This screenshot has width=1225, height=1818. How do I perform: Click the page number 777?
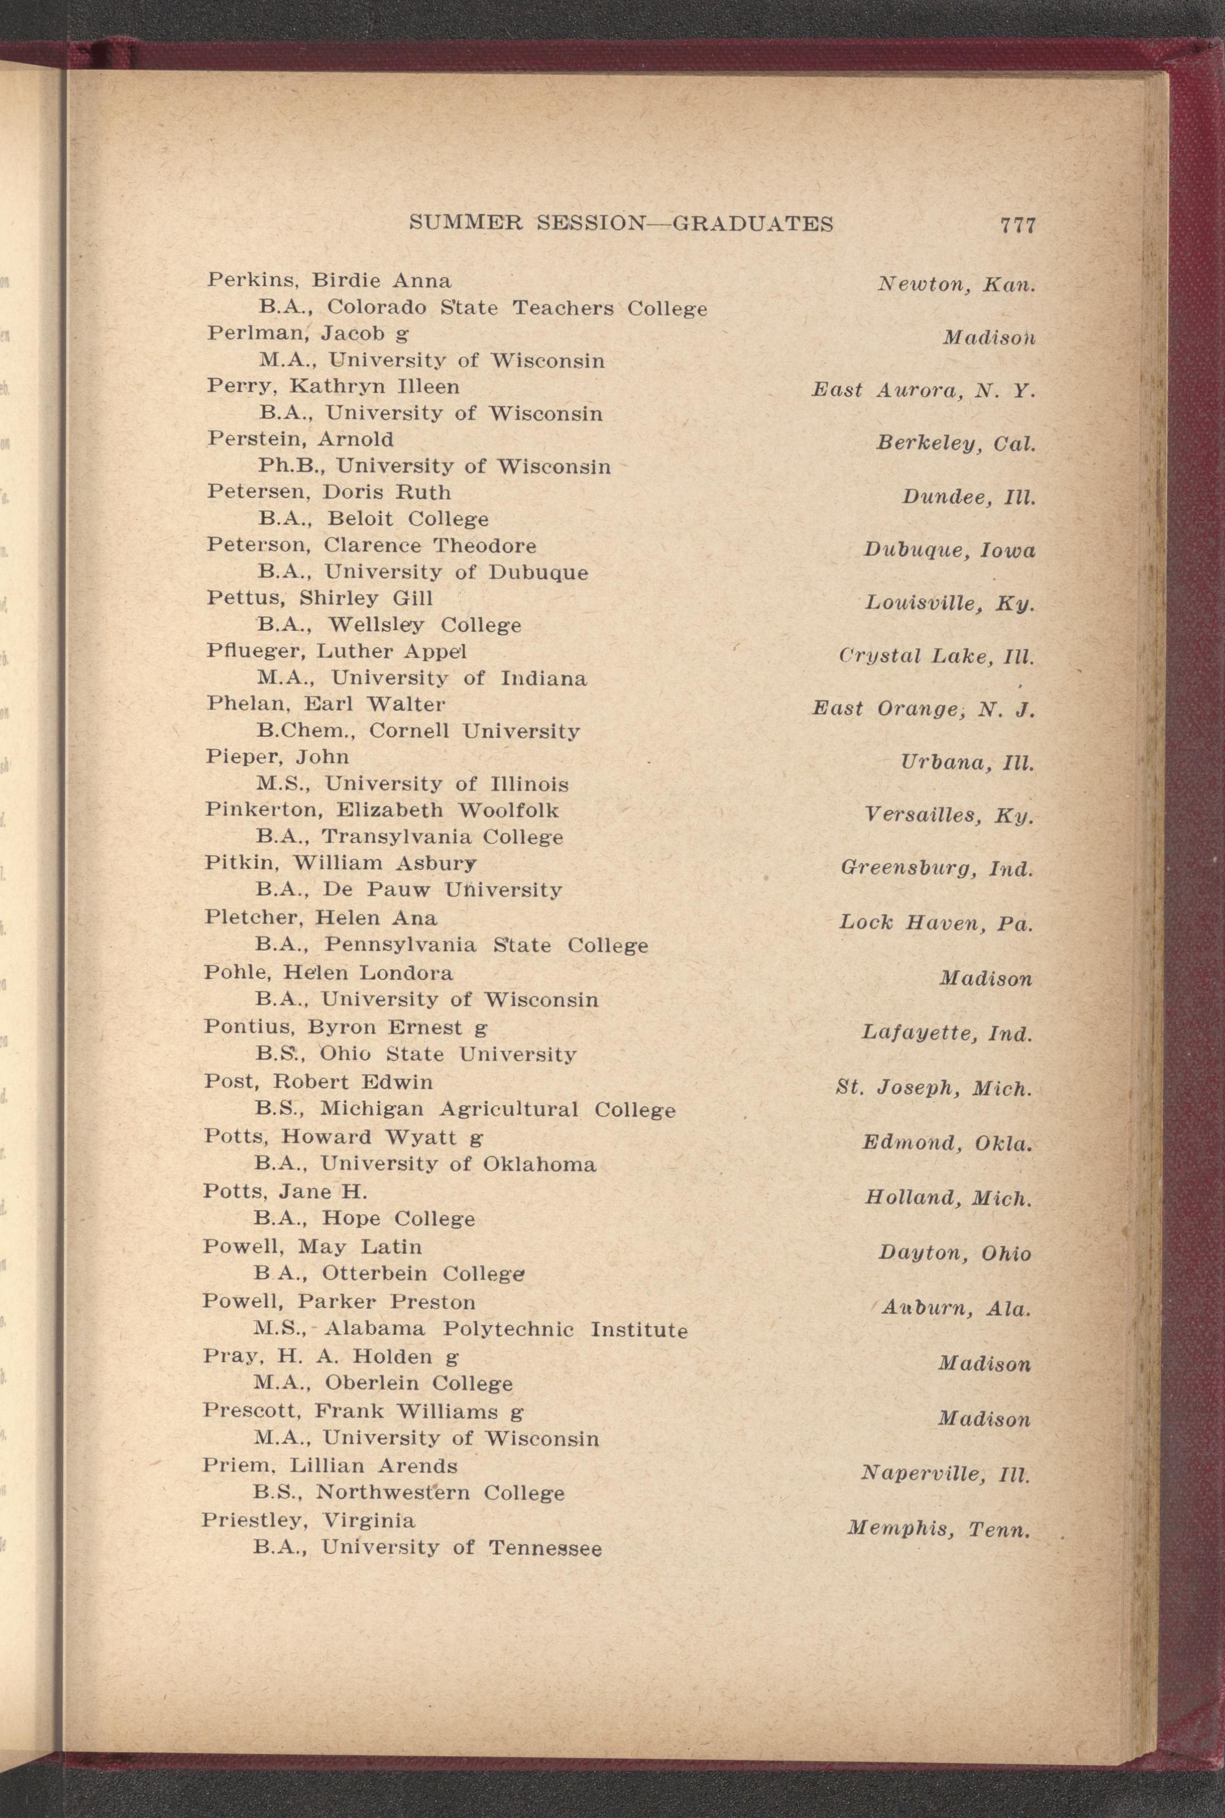pyautogui.click(x=1017, y=225)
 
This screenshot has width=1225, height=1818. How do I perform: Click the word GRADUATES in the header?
pyautogui.click(x=752, y=224)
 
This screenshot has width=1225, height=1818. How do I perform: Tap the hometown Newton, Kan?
pyautogui.click(x=956, y=285)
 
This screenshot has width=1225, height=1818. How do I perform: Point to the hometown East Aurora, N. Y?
pyautogui.click(x=924, y=390)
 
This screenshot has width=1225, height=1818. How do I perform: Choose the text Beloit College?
pyautogui.click(x=408, y=519)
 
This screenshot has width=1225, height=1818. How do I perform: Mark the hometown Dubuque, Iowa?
pyautogui.click(x=949, y=550)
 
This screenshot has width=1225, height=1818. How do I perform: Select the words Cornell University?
pyautogui.click(x=474, y=732)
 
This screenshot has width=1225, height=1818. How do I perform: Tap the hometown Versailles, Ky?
pyautogui.click(x=948, y=815)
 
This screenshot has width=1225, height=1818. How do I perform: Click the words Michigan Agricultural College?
pyautogui.click(x=497, y=1110)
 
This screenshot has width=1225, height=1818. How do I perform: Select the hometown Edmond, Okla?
pyautogui.click(x=947, y=1143)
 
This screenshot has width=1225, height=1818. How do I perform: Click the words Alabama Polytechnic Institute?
pyautogui.click(x=505, y=1329)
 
